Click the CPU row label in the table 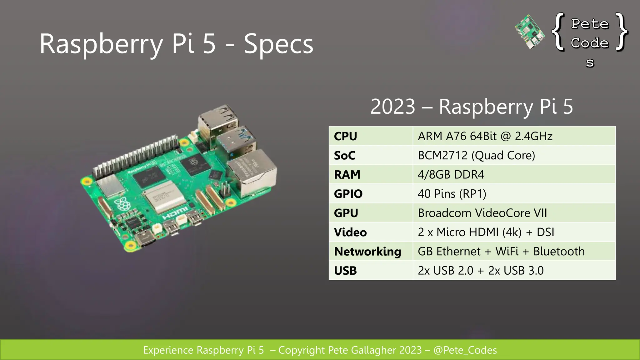click(x=345, y=136)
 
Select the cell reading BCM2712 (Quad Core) click(x=476, y=155)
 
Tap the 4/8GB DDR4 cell click(x=451, y=174)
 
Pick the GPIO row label click(x=348, y=194)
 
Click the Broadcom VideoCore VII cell click(x=482, y=213)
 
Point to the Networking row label click(x=367, y=251)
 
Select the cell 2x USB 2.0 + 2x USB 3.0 click(x=481, y=270)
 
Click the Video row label click(x=350, y=232)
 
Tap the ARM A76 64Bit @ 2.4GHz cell click(x=485, y=136)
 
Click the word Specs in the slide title click(x=278, y=44)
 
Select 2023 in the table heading click(x=393, y=107)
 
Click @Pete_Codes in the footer click(x=465, y=350)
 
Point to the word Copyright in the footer click(x=302, y=350)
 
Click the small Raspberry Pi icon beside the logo click(x=530, y=32)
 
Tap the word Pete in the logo click(x=590, y=24)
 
